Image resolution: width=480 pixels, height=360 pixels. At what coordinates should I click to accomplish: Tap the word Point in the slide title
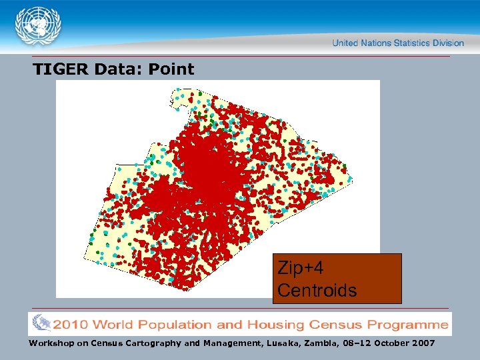(171, 69)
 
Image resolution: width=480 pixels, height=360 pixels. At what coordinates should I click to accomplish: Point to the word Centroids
(317, 291)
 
